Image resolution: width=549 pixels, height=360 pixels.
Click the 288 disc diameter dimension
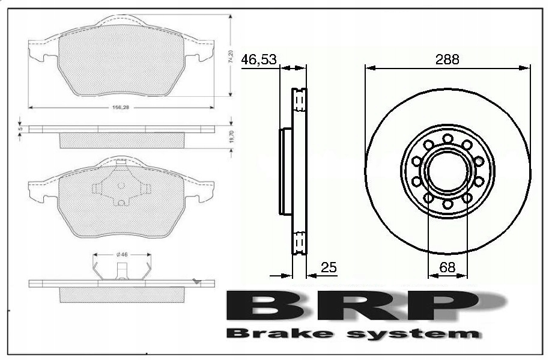tap(447, 59)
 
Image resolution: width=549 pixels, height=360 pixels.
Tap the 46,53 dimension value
tap(259, 59)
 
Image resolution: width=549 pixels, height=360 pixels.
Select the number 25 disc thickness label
tap(328, 267)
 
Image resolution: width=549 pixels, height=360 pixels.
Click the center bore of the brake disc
tap(447, 172)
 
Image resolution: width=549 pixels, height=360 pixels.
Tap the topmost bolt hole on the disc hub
tap(447, 138)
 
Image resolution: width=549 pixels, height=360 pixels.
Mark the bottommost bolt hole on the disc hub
tap(447, 205)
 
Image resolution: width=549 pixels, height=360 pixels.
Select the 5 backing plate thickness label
tap(20, 129)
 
